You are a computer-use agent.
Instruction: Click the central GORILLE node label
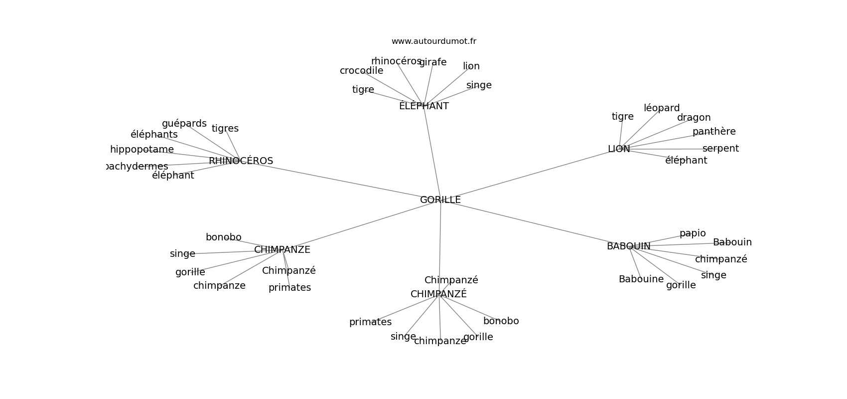[x=440, y=200]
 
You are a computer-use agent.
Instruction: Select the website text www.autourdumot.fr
[x=433, y=41]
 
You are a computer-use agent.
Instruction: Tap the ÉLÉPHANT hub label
[x=423, y=106]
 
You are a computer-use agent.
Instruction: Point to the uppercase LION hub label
[x=618, y=149]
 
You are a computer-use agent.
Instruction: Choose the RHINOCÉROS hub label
[x=241, y=161]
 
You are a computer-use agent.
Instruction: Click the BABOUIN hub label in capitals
[x=628, y=246]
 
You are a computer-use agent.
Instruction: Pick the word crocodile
[x=361, y=71]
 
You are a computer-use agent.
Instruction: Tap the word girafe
[x=432, y=62]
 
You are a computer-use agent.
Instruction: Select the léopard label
[x=661, y=108]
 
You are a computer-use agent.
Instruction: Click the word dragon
[x=694, y=118]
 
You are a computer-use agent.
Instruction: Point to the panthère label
[x=713, y=132]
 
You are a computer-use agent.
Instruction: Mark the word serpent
[x=720, y=149]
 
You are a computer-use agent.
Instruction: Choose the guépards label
[x=184, y=124]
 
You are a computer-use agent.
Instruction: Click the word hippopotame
[x=141, y=150]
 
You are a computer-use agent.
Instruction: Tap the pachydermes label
[x=137, y=167]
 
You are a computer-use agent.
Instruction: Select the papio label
[x=692, y=233]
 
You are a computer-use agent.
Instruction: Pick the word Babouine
[x=641, y=279]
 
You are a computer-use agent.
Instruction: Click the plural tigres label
[x=225, y=129]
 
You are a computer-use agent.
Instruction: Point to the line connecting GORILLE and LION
[x=528, y=174]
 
